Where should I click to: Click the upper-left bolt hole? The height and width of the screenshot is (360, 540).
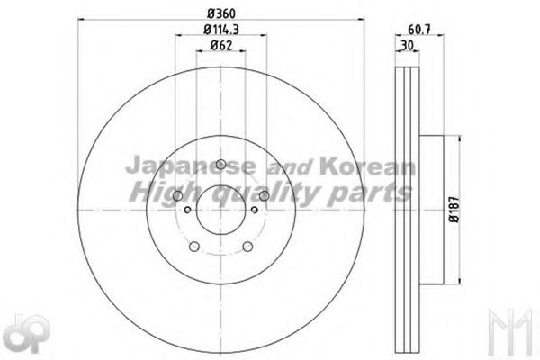coord(177,195)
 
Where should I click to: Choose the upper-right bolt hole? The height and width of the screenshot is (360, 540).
coord(265,195)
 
